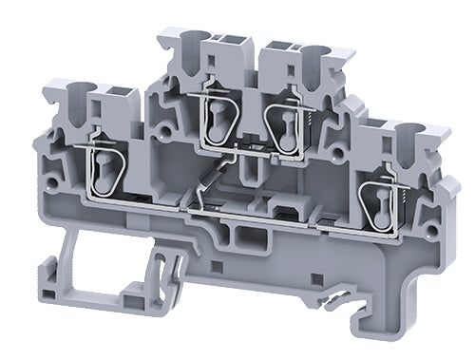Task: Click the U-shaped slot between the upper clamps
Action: (249, 171)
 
